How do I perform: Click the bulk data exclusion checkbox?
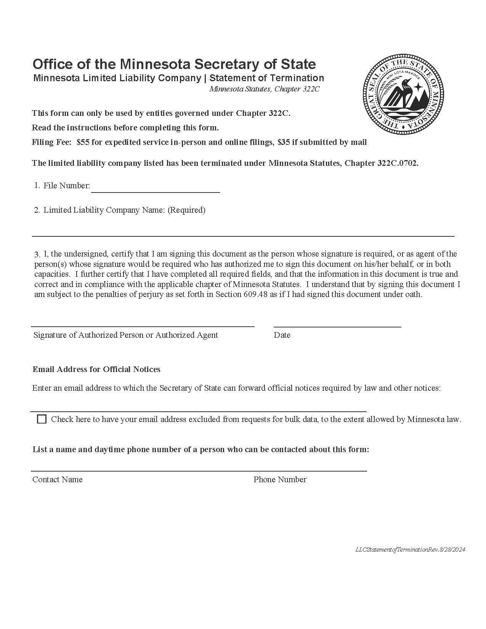click(42, 419)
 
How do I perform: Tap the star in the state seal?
click(418, 87)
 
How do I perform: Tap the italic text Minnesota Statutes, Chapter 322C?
click(264, 89)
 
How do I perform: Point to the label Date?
click(282, 335)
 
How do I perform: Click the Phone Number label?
click(280, 480)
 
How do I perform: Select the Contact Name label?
click(58, 480)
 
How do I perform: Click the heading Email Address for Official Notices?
click(96, 369)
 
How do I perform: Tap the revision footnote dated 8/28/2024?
click(410, 549)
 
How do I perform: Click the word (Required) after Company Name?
click(186, 210)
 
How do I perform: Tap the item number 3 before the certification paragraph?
click(37, 254)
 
